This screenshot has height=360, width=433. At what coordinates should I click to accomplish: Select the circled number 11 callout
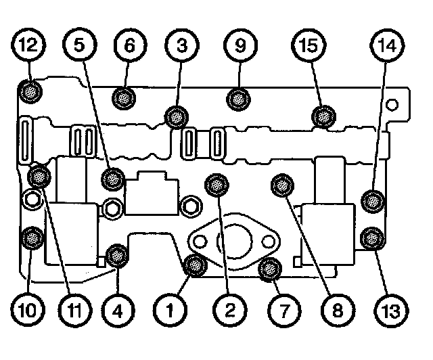click(x=77, y=312)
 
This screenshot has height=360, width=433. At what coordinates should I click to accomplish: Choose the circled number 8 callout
click(x=336, y=312)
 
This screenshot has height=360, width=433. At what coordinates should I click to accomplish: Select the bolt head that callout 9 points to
click(x=237, y=99)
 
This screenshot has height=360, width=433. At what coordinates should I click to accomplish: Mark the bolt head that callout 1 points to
click(x=195, y=265)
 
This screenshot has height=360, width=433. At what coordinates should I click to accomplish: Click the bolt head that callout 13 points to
click(x=371, y=238)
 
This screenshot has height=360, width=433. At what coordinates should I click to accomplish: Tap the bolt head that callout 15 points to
click(x=324, y=116)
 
